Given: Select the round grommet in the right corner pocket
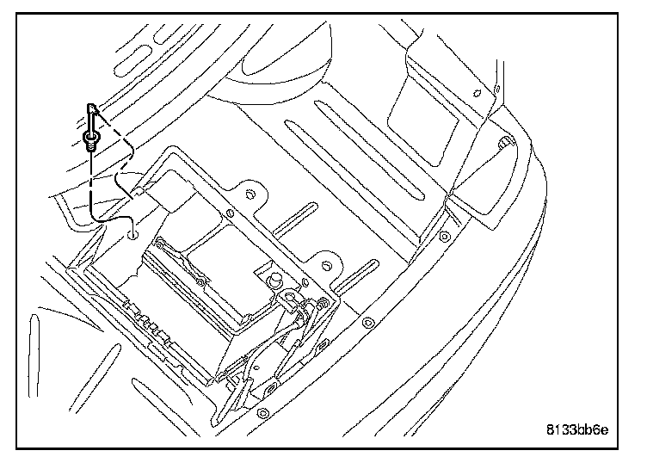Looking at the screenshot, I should (x=503, y=141).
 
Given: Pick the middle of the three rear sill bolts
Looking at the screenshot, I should (x=367, y=323).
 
